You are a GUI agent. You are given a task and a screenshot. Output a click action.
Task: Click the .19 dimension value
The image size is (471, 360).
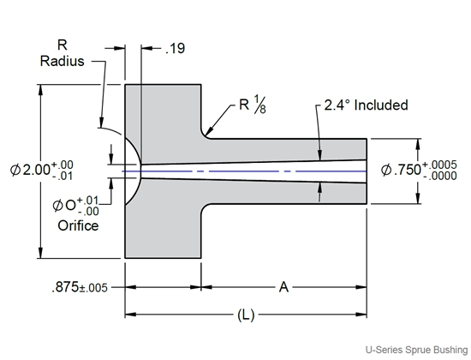[x=176, y=51]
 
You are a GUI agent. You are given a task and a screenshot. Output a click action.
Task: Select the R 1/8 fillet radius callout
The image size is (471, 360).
[x=251, y=106]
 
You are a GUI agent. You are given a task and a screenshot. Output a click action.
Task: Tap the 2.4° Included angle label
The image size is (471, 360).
[x=365, y=105]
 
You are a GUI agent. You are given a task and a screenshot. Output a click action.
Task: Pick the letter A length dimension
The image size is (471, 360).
[x=283, y=289]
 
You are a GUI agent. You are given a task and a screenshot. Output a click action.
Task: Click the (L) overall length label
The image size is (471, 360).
[x=247, y=315]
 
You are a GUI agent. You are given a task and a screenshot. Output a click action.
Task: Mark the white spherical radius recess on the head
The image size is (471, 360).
[x=133, y=171]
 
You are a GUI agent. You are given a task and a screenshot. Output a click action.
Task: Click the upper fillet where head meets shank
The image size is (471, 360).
[x=206, y=133]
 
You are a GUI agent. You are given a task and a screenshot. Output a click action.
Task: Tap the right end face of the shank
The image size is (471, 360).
[x=366, y=171]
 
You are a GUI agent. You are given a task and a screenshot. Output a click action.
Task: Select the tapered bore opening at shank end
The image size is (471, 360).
[x=364, y=171]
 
